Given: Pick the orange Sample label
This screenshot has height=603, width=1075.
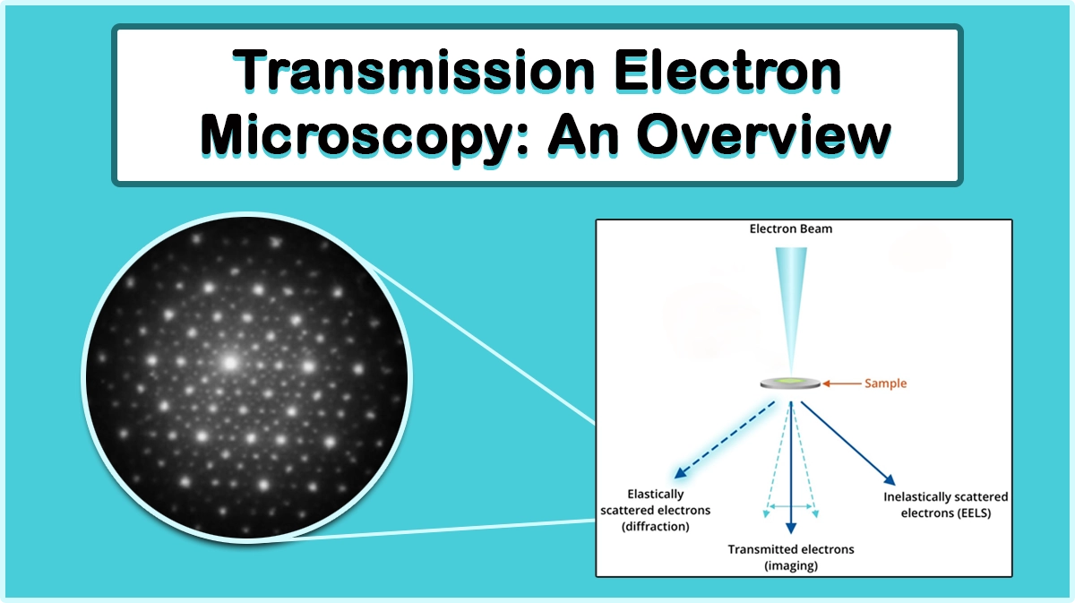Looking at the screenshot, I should [x=885, y=383].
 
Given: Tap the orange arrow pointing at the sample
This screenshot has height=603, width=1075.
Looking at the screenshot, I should [x=841, y=383].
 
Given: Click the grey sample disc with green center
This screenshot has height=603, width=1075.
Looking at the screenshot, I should [x=790, y=383].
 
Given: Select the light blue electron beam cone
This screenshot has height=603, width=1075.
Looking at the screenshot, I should [x=790, y=305].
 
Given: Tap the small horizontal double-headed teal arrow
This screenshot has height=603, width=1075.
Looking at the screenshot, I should [x=790, y=506].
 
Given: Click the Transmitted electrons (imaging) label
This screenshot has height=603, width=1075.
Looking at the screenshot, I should [x=791, y=557].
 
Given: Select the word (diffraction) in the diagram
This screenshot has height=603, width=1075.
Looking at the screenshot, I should [x=655, y=527].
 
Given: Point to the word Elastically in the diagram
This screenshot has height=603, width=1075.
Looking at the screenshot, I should [x=655, y=494].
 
